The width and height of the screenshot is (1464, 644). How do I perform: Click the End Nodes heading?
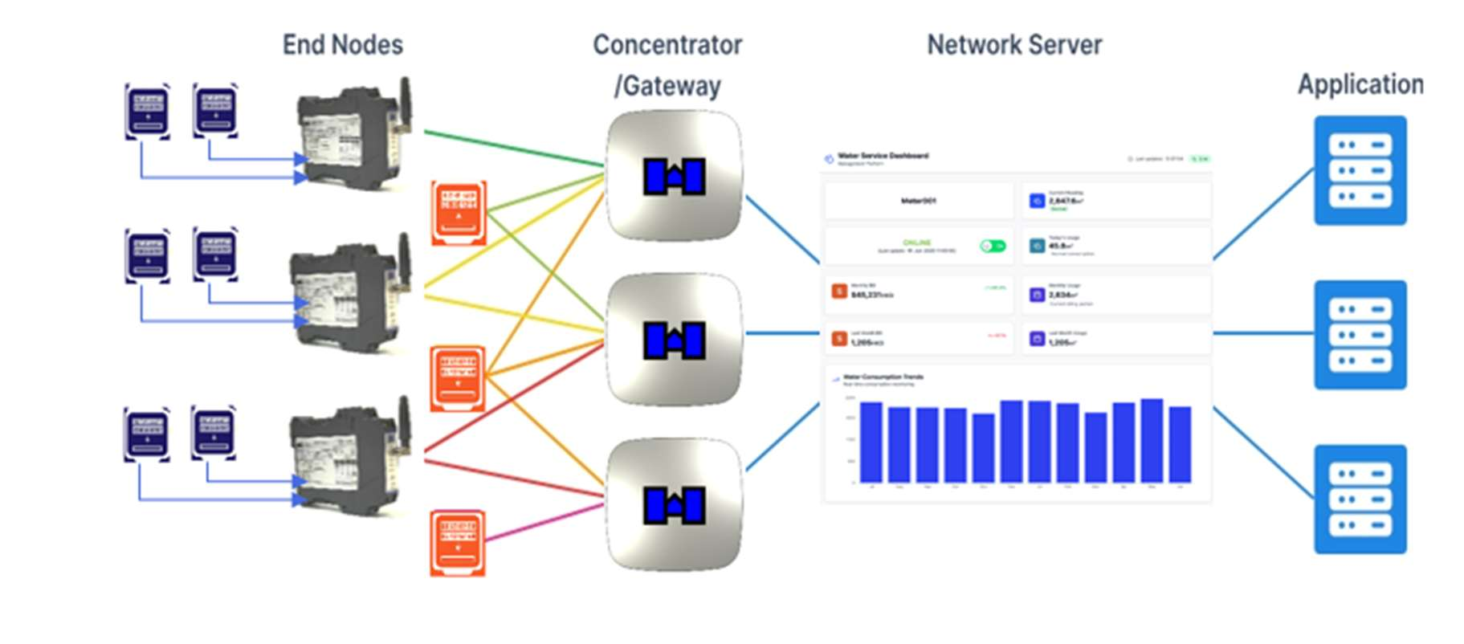(343, 45)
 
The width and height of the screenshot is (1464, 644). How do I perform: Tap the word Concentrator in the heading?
(667, 45)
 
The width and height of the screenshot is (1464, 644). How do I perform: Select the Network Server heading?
(1014, 45)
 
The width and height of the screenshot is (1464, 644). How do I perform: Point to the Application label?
(1360, 84)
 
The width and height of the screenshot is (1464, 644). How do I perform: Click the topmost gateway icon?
(674, 176)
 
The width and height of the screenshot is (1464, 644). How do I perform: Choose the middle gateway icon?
(674, 340)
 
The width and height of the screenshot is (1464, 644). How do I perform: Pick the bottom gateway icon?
(674, 505)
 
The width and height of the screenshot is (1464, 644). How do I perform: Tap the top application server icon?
(1360, 170)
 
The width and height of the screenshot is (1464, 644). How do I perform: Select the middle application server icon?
(1360, 335)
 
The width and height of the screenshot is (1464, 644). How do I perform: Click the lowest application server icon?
(1360, 499)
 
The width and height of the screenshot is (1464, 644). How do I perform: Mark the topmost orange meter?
(459, 213)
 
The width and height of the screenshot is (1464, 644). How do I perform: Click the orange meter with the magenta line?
(458, 542)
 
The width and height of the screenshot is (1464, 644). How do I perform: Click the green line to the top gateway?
(514, 148)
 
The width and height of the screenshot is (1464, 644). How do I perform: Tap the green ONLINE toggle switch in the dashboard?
(993, 246)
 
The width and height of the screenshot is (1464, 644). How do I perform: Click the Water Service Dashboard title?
(883, 156)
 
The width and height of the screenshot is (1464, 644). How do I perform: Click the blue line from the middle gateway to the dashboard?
(782, 333)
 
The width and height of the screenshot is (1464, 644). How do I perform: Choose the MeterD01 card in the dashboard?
(919, 201)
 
